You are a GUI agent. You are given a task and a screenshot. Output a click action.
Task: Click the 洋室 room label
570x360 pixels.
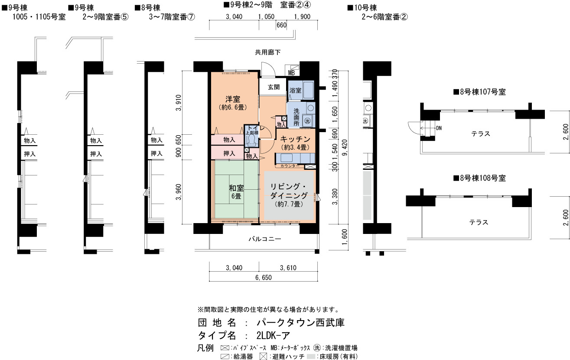click(233, 99)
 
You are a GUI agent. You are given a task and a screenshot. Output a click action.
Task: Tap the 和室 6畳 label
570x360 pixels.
click(236, 192)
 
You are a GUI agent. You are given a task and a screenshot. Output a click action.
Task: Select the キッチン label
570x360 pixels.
click(295, 139)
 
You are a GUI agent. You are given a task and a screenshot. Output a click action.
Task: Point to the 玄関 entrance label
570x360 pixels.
click(274, 87)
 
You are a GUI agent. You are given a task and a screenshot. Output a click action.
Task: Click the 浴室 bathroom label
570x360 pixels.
click(295, 91)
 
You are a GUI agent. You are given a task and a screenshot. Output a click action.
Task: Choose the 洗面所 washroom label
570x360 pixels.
click(296, 117)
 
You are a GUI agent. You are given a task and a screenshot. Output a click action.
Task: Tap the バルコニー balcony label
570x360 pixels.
click(265, 239)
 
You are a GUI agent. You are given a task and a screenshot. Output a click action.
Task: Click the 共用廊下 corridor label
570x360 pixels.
click(268, 52)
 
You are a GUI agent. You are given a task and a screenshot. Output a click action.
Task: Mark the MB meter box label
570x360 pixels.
click(291, 73)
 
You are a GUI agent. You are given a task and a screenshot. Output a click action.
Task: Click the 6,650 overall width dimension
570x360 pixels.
click(264, 277)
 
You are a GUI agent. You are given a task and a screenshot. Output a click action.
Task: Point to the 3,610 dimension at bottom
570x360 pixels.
click(288, 268)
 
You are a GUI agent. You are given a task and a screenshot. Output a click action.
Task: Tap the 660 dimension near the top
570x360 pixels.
click(281, 25)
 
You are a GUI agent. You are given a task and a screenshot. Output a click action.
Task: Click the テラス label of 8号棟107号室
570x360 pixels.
click(480, 134)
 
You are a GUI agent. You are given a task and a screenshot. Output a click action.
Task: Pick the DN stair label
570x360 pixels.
click(439, 128)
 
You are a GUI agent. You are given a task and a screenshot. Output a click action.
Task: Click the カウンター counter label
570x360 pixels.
click(290, 166)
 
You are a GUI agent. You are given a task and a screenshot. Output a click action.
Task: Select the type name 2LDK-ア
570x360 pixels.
click(273, 336)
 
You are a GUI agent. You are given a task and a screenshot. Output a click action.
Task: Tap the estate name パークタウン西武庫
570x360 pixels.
click(300, 323)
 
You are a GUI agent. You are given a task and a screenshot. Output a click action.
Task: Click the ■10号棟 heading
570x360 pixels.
click(362, 8)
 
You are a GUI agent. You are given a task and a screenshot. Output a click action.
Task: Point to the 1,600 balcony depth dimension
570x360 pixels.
click(344, 237)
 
